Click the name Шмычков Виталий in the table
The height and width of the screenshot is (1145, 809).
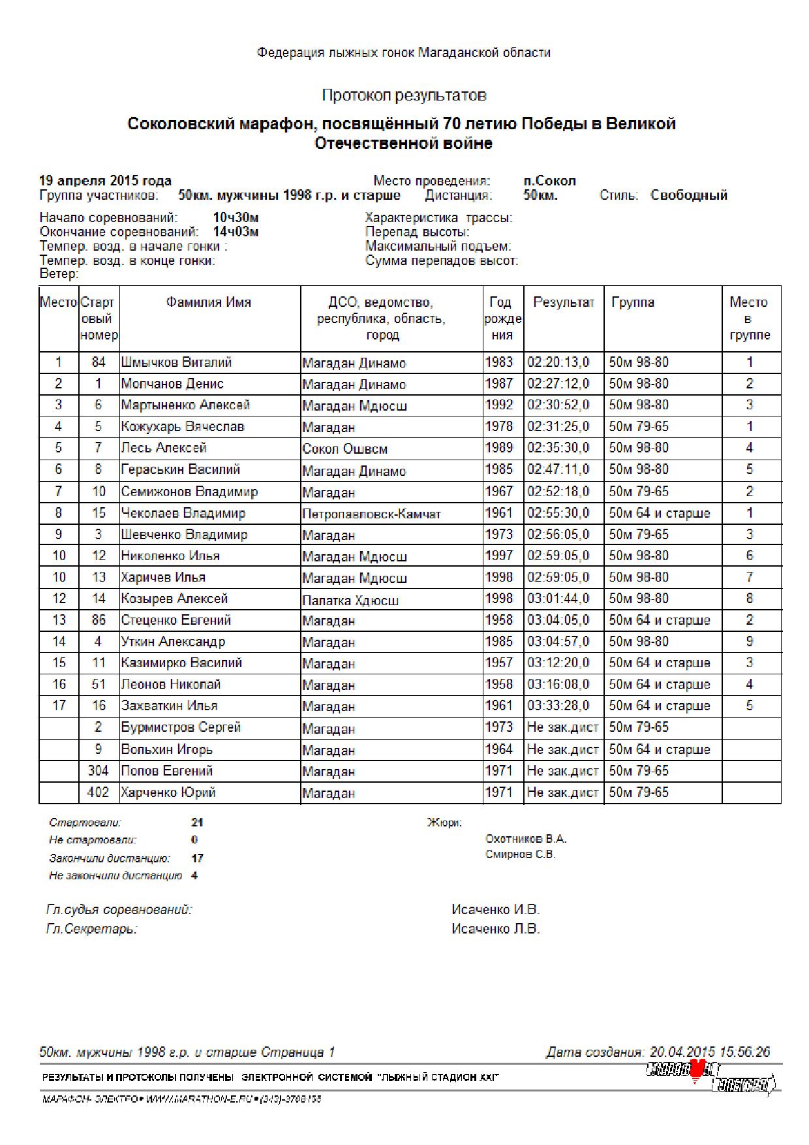click(176, 362)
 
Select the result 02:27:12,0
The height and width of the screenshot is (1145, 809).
click(558, 384)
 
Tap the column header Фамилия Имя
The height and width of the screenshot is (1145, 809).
click(208, 302)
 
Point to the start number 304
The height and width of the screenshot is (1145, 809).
click(98, 771)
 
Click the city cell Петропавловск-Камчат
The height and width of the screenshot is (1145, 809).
click(371, 514)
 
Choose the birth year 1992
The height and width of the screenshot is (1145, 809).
click(499, 405)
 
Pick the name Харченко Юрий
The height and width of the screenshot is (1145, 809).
click(168, 792)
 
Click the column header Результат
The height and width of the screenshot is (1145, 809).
click(564, 302)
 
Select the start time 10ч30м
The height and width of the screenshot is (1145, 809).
click(236, 217)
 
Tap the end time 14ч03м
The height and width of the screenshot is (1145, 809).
click(236, 232)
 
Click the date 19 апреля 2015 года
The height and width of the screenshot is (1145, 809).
click(105, 181)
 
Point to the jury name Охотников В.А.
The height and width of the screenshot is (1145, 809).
click(526, 839)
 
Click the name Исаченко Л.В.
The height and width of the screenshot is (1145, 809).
click(495, 929)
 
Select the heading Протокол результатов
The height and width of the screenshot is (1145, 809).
click(404, 95)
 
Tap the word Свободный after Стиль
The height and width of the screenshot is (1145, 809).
click(688, 195)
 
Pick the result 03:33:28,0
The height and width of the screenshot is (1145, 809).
click(558, 706)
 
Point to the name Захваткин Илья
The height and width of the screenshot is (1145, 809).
click(169, 706)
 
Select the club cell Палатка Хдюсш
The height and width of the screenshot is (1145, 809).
click(350, 600)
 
